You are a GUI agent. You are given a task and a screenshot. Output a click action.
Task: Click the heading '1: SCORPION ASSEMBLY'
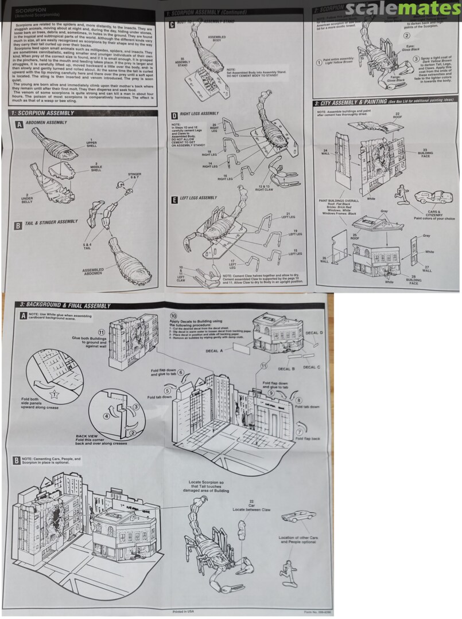pos(46,113)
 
